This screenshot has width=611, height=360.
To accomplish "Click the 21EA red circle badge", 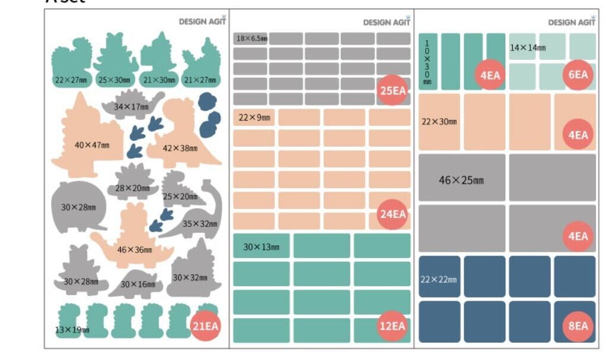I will [205, 326].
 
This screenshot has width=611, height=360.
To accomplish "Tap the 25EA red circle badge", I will [392, 91].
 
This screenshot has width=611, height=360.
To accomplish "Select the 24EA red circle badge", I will [392, 214].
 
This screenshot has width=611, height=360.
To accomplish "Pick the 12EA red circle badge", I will [392, 326].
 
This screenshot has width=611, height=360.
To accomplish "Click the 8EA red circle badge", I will [577, 326].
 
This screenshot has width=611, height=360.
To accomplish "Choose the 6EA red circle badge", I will [577, 75].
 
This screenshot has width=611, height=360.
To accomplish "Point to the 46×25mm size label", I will [461, 180].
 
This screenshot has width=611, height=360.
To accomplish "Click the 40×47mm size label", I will [92, 145].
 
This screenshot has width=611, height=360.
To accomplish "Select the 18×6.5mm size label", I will [252, 39].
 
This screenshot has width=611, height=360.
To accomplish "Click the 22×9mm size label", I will [254, 118].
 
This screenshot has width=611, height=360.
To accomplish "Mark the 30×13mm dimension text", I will [262, 247].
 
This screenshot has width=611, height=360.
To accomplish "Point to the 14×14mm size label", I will [528, 48].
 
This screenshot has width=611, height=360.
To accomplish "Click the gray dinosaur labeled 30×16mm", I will [138, 283].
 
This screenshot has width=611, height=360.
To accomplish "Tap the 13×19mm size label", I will [72, 329].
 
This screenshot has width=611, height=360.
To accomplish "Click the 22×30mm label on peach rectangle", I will [439, 122].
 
